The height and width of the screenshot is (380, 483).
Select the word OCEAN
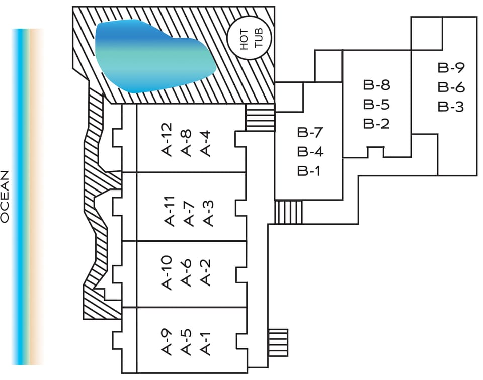[6, 196]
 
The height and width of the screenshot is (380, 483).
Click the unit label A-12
[168, 140]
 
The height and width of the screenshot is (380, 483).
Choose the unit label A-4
[205, 143]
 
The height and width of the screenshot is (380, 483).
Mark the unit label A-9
[168, 342]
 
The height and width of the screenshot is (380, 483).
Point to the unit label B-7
[309, 133]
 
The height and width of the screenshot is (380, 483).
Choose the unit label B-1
[309, 171]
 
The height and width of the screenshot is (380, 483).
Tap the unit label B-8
[377, 85]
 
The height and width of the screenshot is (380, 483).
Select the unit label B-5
[377, 105]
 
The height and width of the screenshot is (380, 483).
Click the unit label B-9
[451, 68]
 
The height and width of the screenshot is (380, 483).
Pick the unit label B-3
[451, 107]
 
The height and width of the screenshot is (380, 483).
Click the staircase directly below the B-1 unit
[288, 212]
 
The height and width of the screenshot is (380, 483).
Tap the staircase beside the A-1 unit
[278, 341]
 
